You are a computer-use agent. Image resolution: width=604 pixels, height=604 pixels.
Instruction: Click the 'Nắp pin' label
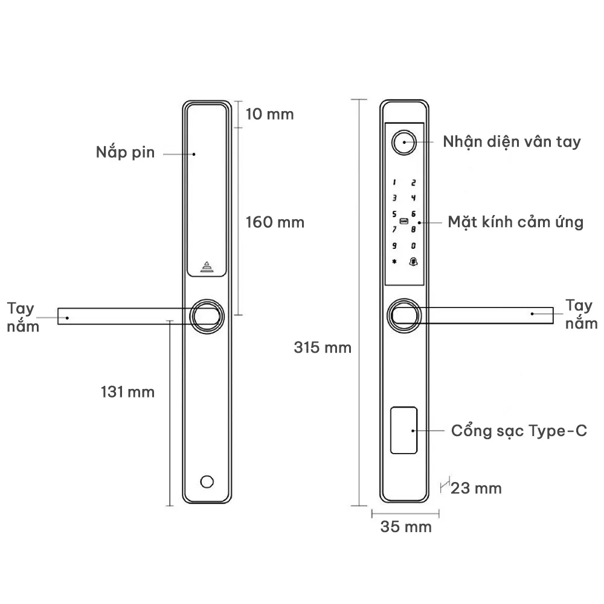click(x=125, y=152)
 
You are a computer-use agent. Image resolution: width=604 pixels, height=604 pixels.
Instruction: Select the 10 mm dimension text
click(x=269, y=114)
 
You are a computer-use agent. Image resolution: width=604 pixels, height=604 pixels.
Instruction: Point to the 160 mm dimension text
click(x=275, y=222)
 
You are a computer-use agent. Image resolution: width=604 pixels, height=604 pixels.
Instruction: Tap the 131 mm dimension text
click(x=127, y=392)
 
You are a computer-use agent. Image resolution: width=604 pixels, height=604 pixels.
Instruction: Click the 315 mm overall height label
click(x=323, y=348)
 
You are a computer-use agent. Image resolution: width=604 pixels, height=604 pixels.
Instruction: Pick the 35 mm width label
click(x=406, y=527)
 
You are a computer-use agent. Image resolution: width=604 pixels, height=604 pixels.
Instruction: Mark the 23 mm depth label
click(x=476, y=488)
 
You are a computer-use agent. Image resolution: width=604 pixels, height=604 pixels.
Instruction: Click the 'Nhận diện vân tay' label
click(x=512, y=142)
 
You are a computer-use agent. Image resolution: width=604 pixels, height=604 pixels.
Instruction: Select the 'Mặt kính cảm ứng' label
click(x=515, y=222)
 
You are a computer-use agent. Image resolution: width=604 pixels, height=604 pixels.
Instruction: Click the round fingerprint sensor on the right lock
click(x=403, y=142)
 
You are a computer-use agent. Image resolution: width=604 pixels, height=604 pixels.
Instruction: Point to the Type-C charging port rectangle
click(x=404, y=431)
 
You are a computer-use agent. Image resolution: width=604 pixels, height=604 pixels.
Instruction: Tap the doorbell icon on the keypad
click(x=414, y=262)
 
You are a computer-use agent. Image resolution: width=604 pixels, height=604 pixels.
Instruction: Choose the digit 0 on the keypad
click(x=414, y=246)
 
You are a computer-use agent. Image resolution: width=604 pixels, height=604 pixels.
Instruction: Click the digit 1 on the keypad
click(x=394, y=182)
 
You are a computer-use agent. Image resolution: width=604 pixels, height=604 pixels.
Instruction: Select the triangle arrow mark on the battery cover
click(x=208, y=266)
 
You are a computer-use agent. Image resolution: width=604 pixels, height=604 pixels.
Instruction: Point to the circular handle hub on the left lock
click(x=208, y=316)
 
